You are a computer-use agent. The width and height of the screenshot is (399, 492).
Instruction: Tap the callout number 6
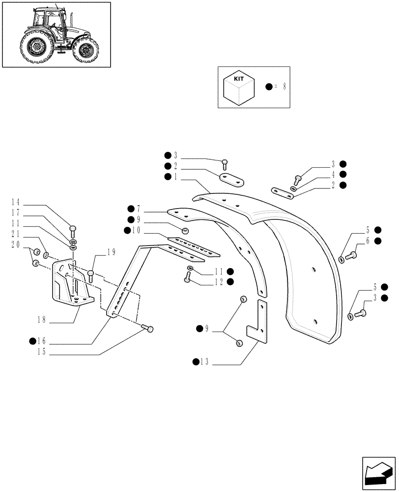click(x=368, y=240)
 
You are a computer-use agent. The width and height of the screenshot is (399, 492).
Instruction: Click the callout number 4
click(x=333, y=174)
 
